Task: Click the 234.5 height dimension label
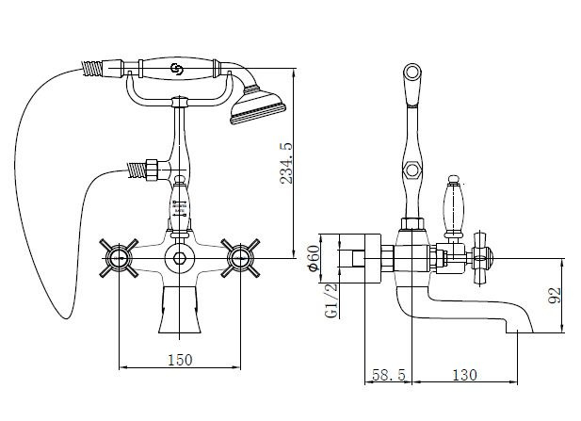tap(286, 163)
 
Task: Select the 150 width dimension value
tap(180, 360)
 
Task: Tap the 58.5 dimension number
tap(389, 375)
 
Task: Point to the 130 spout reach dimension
tap(464, 375)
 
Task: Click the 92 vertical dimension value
tap(555, 296)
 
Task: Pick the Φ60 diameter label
tap(314, 258)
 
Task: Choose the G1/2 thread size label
tap(331, 300)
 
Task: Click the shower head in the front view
tap(257, 105)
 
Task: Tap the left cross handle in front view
tap(119, 258)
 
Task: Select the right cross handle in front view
tap(240, 258)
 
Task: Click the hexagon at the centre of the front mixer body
tap(180, 257)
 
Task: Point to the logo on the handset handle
tap(176, 69)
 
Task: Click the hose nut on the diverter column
tap(152, 170)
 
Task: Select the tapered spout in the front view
tap(180, 310)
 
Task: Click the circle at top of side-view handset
tap(412, 72)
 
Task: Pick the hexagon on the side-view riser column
tap(412, 170)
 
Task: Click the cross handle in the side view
tap(481, 258)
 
